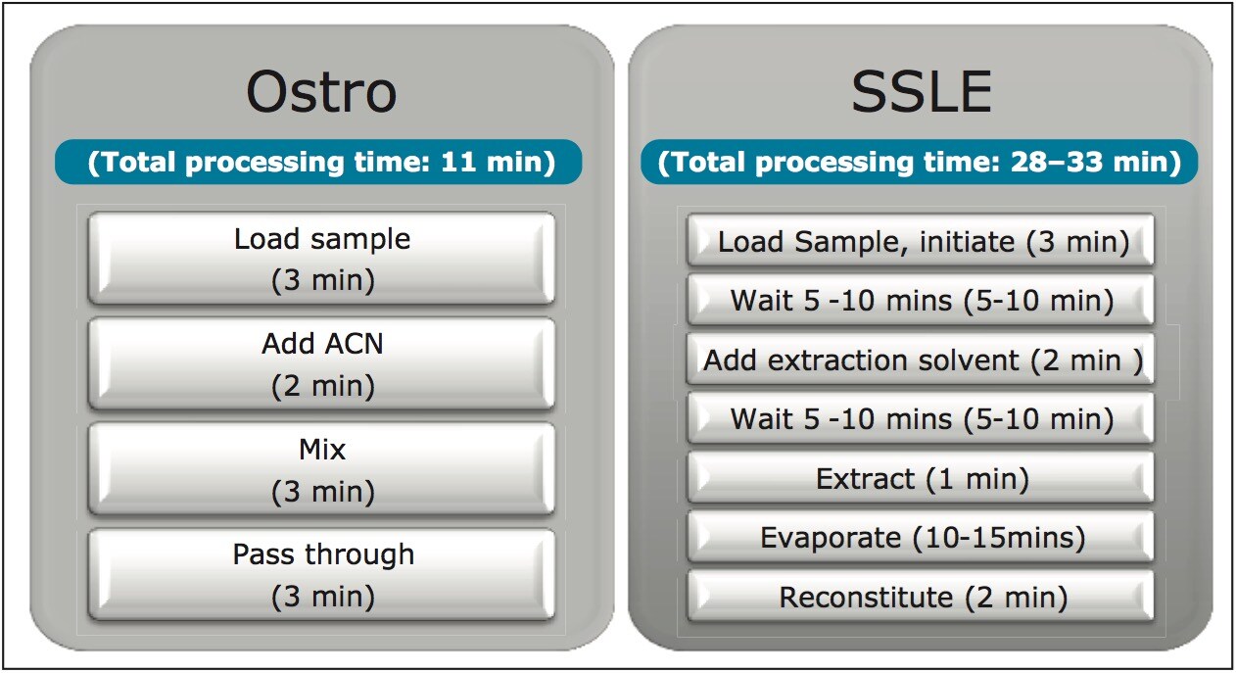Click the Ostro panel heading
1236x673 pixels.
[321, 93]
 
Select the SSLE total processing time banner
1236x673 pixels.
[920, 163]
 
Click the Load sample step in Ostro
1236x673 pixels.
[322, 259]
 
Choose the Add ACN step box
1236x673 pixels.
[322, 364]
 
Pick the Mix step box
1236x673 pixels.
[322, 469]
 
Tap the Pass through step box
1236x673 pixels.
[322, 574]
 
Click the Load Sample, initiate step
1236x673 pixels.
[921, 242]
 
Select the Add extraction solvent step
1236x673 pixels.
[922, 360]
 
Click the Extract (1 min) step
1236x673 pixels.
[921, 479]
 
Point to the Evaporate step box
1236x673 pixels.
[921, 537]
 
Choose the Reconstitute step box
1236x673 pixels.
[921, 597]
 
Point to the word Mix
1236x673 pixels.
[322, 450]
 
